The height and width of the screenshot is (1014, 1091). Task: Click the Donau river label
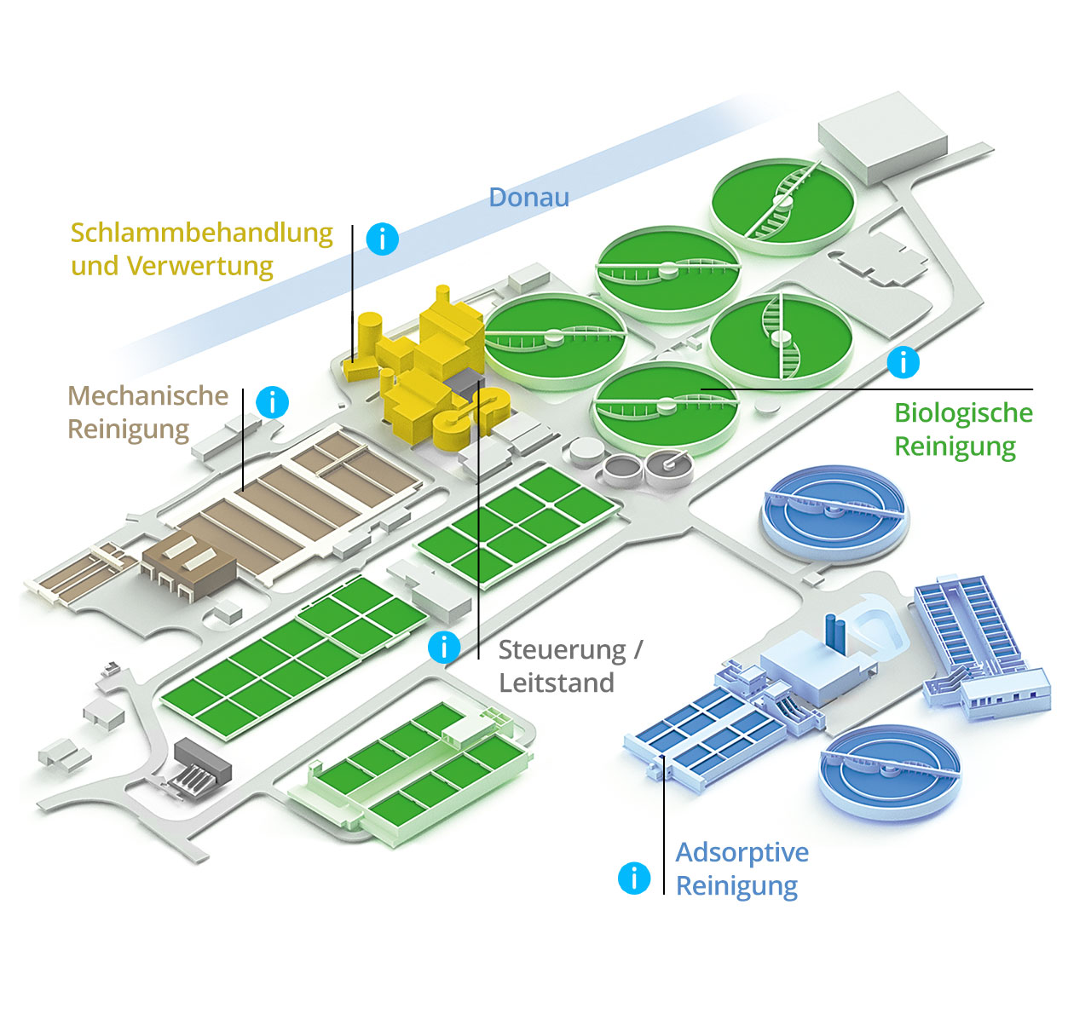pos(528,197)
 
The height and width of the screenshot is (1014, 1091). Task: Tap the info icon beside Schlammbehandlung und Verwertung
pos(382,239)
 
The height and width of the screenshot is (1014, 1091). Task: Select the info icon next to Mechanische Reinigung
pos(273,401)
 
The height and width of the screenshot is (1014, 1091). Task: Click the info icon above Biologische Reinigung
pos(903,362)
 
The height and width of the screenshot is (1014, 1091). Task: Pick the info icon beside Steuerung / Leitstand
pos(444,648)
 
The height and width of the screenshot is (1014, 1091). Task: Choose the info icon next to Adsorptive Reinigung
pos(633,878)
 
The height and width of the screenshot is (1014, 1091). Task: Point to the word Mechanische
pos(147,395)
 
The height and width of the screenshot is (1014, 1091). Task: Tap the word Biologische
pos(963,412)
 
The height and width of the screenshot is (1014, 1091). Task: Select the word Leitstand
pos(556,683)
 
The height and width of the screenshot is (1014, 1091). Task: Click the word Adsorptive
pos(742,852)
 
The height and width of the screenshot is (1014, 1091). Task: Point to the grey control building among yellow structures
pos(466,384)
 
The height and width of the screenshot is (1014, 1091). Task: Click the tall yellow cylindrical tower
pos(370,336)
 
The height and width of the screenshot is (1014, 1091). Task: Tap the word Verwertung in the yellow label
pos(200,266)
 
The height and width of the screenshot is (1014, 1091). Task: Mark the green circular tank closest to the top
pos(782,203)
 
